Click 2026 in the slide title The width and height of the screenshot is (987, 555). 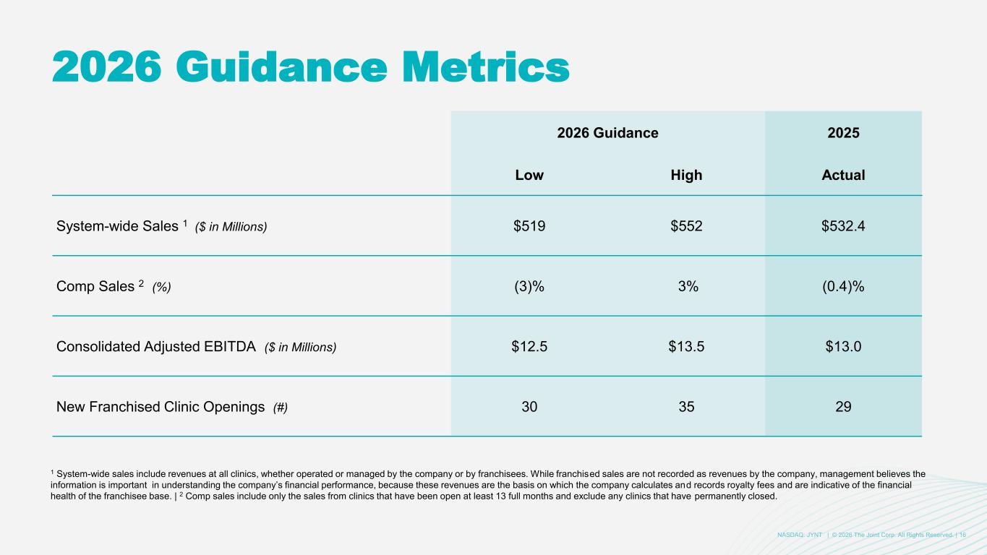[x=107, y=66]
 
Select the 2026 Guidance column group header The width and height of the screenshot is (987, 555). [x=607, y=133]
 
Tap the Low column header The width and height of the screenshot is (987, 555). [x=529, y=176]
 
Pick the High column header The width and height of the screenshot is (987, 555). [x=686, y=176]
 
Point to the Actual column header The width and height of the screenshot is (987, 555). [x=843, y=176]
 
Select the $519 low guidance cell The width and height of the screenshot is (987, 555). [x=529, y=226]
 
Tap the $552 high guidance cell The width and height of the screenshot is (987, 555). [x=686, y=226]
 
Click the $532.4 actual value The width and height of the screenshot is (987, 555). [x=843, y=226]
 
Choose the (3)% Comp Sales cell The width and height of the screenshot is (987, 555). [x=529, y=286]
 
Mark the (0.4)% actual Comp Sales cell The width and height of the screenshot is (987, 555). [x=843, y=286]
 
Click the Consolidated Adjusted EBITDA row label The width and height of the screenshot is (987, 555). [x=156, y=347]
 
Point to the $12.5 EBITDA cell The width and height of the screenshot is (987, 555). [x=529, y=347]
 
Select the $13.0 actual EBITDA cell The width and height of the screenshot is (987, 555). [x=843, y=347]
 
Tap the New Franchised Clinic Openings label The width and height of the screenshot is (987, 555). [x=160, y=407]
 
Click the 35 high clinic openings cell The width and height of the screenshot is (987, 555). [x=686, y=407]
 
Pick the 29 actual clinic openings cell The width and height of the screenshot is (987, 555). [x=843, y=407]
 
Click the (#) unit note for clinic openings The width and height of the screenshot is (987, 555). [x=280, y=408]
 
